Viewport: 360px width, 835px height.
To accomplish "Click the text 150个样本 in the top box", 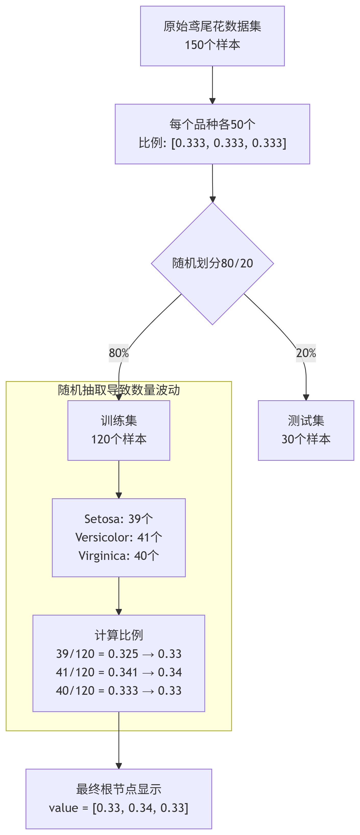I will [212, 45].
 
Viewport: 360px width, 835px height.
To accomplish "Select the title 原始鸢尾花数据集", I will [212, 26].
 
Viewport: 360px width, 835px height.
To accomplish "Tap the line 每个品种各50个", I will [212, 124].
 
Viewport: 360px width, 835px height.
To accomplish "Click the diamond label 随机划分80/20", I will [212, 263].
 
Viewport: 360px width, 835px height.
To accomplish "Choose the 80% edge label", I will [119, 353].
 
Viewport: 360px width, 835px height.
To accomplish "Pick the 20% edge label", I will [306, 353].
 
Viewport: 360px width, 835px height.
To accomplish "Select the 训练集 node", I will [119, 430].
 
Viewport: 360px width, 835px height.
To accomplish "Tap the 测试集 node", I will [306, 430].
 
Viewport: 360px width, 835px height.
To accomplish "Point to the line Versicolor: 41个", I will [119, 537].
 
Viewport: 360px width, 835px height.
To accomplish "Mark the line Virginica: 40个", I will [119, 556].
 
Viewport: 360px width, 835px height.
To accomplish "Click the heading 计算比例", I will [119, 635].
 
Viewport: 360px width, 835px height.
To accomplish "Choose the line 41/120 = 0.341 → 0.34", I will [119, 672].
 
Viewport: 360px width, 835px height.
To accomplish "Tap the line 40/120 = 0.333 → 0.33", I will [119, 691].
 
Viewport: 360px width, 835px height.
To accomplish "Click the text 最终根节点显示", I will [119, 789].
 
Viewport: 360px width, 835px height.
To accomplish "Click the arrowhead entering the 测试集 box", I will [306, 397].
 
